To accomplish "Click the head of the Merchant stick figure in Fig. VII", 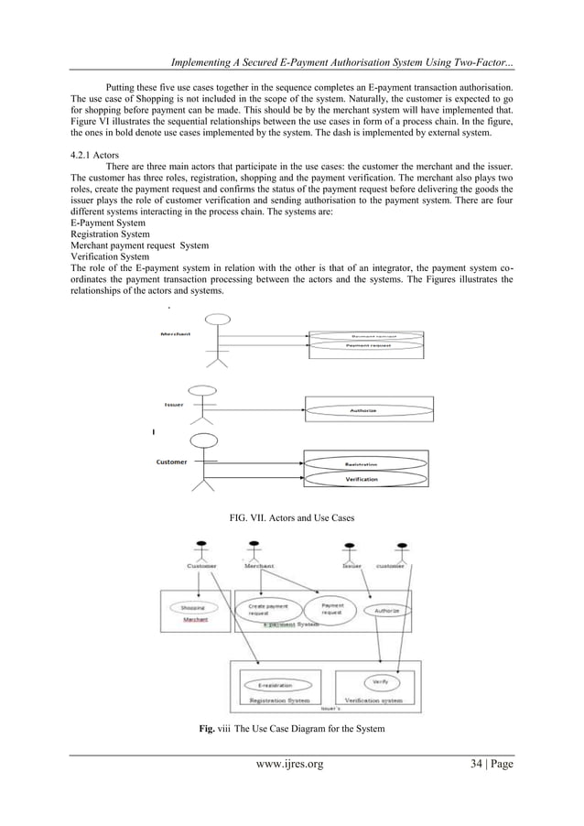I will pyautogui.click(x=217, y=320).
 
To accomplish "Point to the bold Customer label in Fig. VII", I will pyautogui.click(x=171, y=462).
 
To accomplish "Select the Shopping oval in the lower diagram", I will pyautogui.click(x=191, y=607).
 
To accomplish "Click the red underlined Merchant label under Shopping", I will pyautogui.click(x=195, y=619).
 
